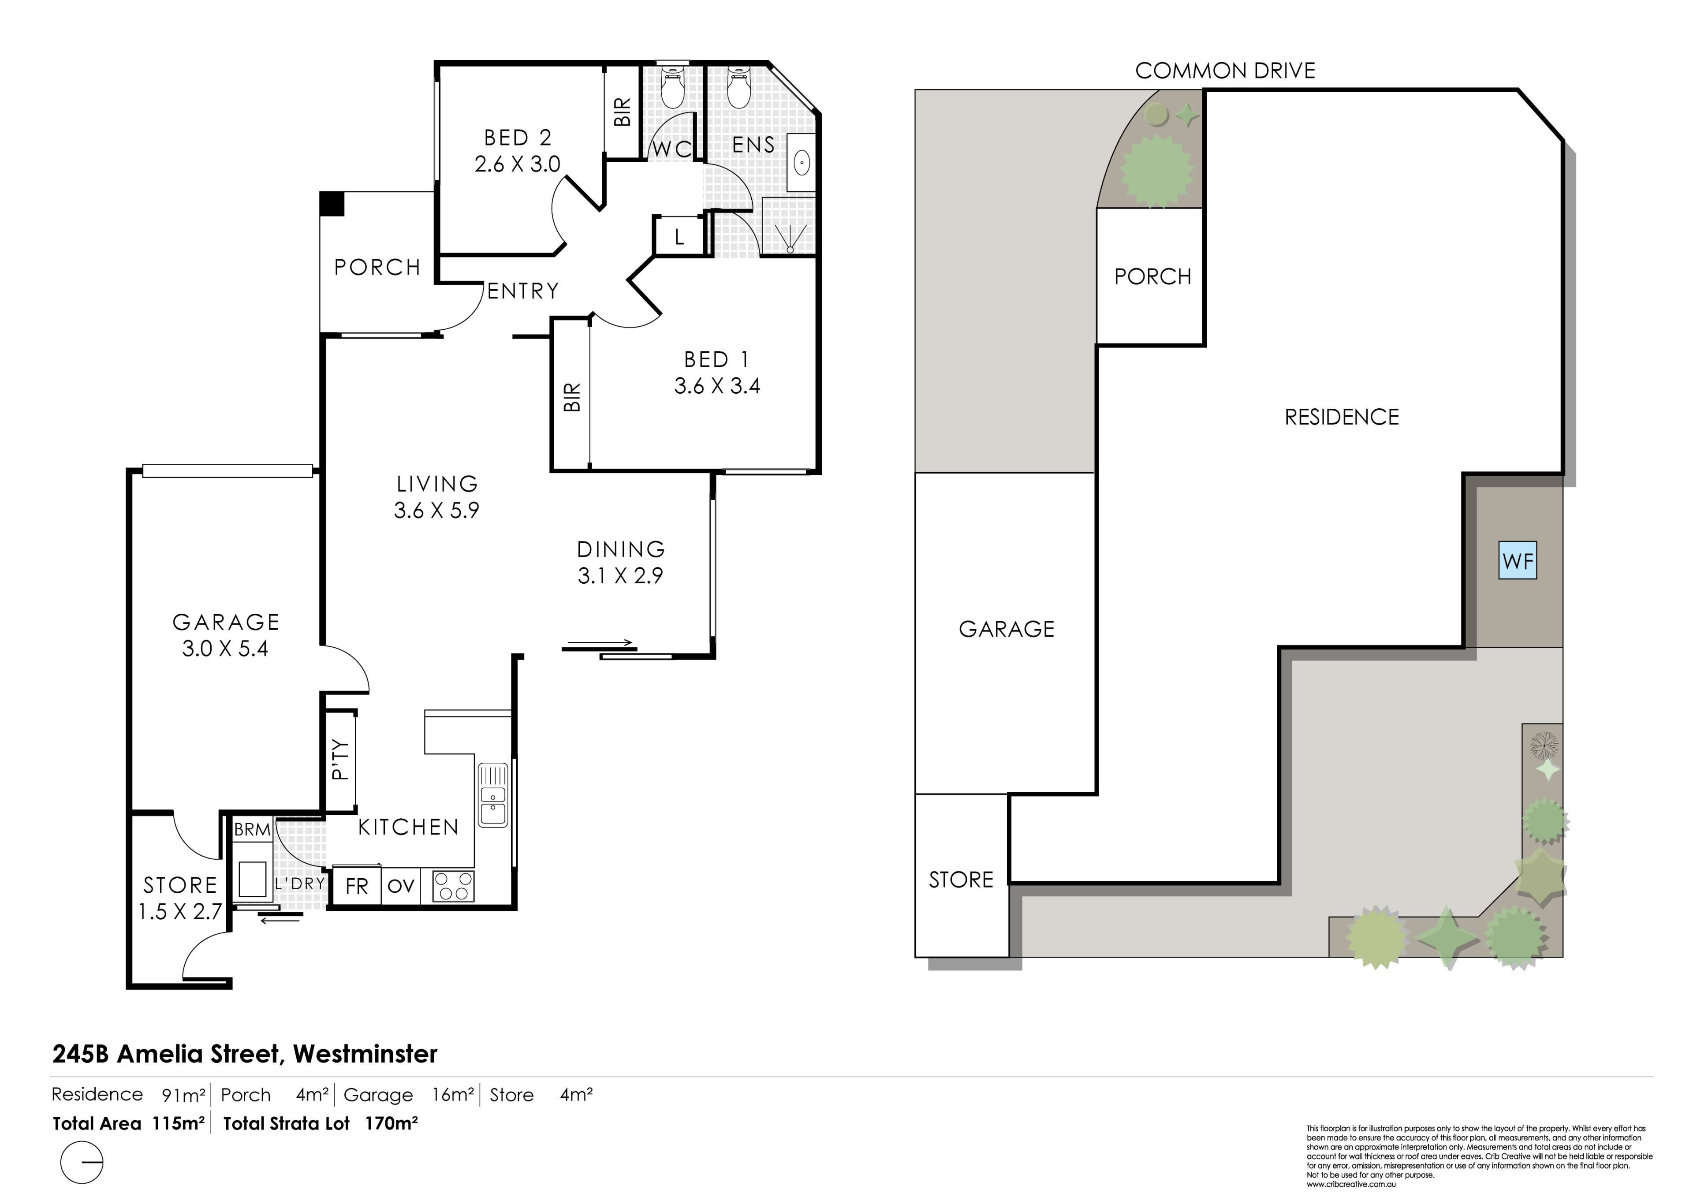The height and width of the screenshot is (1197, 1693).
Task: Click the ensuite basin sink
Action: pyautogui.click(x=802, y=161)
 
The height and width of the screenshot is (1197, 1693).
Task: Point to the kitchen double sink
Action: pyautogui.click(x=492, y=795)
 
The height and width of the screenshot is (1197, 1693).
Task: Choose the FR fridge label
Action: pyautogui.click(x=357, y=886)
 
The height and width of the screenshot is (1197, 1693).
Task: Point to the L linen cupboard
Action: pyautogui.click(x=679, y=237)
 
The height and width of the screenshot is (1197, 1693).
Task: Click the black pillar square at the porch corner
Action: pyautogui.click(x=332, y=204)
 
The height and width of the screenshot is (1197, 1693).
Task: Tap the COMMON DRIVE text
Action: pyautogui.click(x=1225, y=71)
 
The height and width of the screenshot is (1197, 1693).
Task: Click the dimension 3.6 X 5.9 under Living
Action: pyautogui.click(x=436, y=511)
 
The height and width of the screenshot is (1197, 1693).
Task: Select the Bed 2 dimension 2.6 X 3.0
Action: pyautogui.click(x=518, y=164)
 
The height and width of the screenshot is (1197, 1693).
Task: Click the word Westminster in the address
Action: pyautogui.click(x=365, y=1054)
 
